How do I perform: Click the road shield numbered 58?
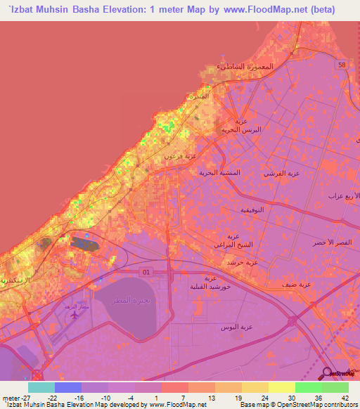click(342, 64)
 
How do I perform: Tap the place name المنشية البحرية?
click(219, 173)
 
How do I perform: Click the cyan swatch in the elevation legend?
click(41, 388)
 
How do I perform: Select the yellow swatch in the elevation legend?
click(281, 388)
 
